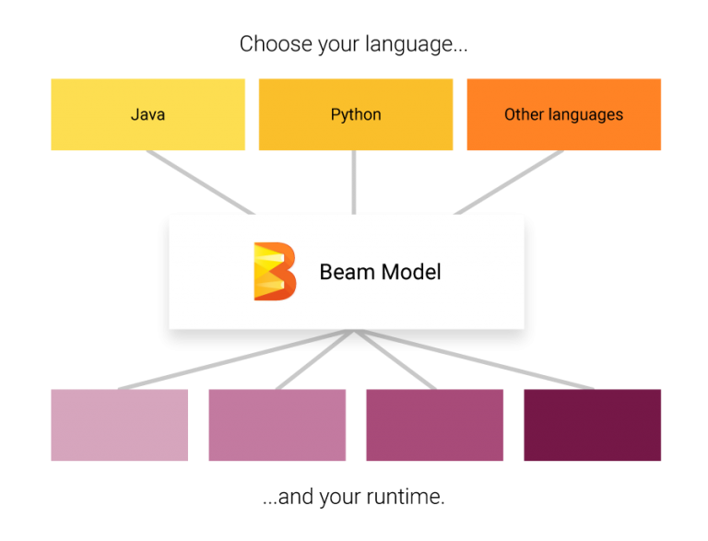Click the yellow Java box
tap(148, 114)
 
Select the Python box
tap(356, 114)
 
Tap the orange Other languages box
tap(564, 114)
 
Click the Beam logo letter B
tap(275, 271)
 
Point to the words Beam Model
tap(380, 272)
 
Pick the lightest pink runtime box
tap(120, 425)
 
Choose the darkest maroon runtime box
tap(593, 425)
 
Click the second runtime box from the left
tap(277, 425)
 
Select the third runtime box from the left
tap(435, 425)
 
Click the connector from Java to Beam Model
tap(200, 182)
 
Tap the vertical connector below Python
tap(354, 182)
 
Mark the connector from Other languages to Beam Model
tap(509, 182)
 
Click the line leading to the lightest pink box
tap(236, 360)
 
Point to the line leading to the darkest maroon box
tap(474, 360)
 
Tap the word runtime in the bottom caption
tap(402, 497)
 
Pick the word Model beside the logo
tap(411, 272)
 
